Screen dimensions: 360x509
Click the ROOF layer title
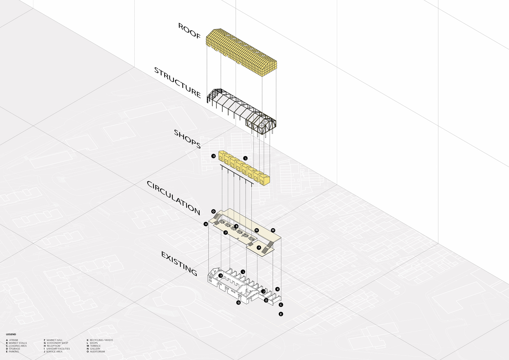coord(189,31)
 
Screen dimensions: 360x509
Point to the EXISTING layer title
coord(179,264)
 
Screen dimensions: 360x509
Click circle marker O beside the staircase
coord(213,211)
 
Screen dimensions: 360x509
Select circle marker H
coord(206,224)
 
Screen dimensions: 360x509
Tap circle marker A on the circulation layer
coord(259,248)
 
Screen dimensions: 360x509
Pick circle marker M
coord(273,230)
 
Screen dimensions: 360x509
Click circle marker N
coord(256,230)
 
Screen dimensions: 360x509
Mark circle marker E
coord(281,314)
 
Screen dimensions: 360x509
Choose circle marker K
coord(278,289)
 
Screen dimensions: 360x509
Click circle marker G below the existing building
coord(238,302)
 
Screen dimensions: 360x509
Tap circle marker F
coord(226,232)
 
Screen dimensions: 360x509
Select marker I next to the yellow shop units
coord(213,156)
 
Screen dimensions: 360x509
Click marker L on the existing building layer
coord(243,272)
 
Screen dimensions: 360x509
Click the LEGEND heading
coord(11,334)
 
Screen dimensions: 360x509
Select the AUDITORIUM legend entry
coord(97,352)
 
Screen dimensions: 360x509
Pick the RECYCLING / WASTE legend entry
coord(101,340)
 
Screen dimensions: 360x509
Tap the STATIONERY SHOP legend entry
coord(57,343)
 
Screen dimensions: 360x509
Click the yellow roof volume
coord(241,52)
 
